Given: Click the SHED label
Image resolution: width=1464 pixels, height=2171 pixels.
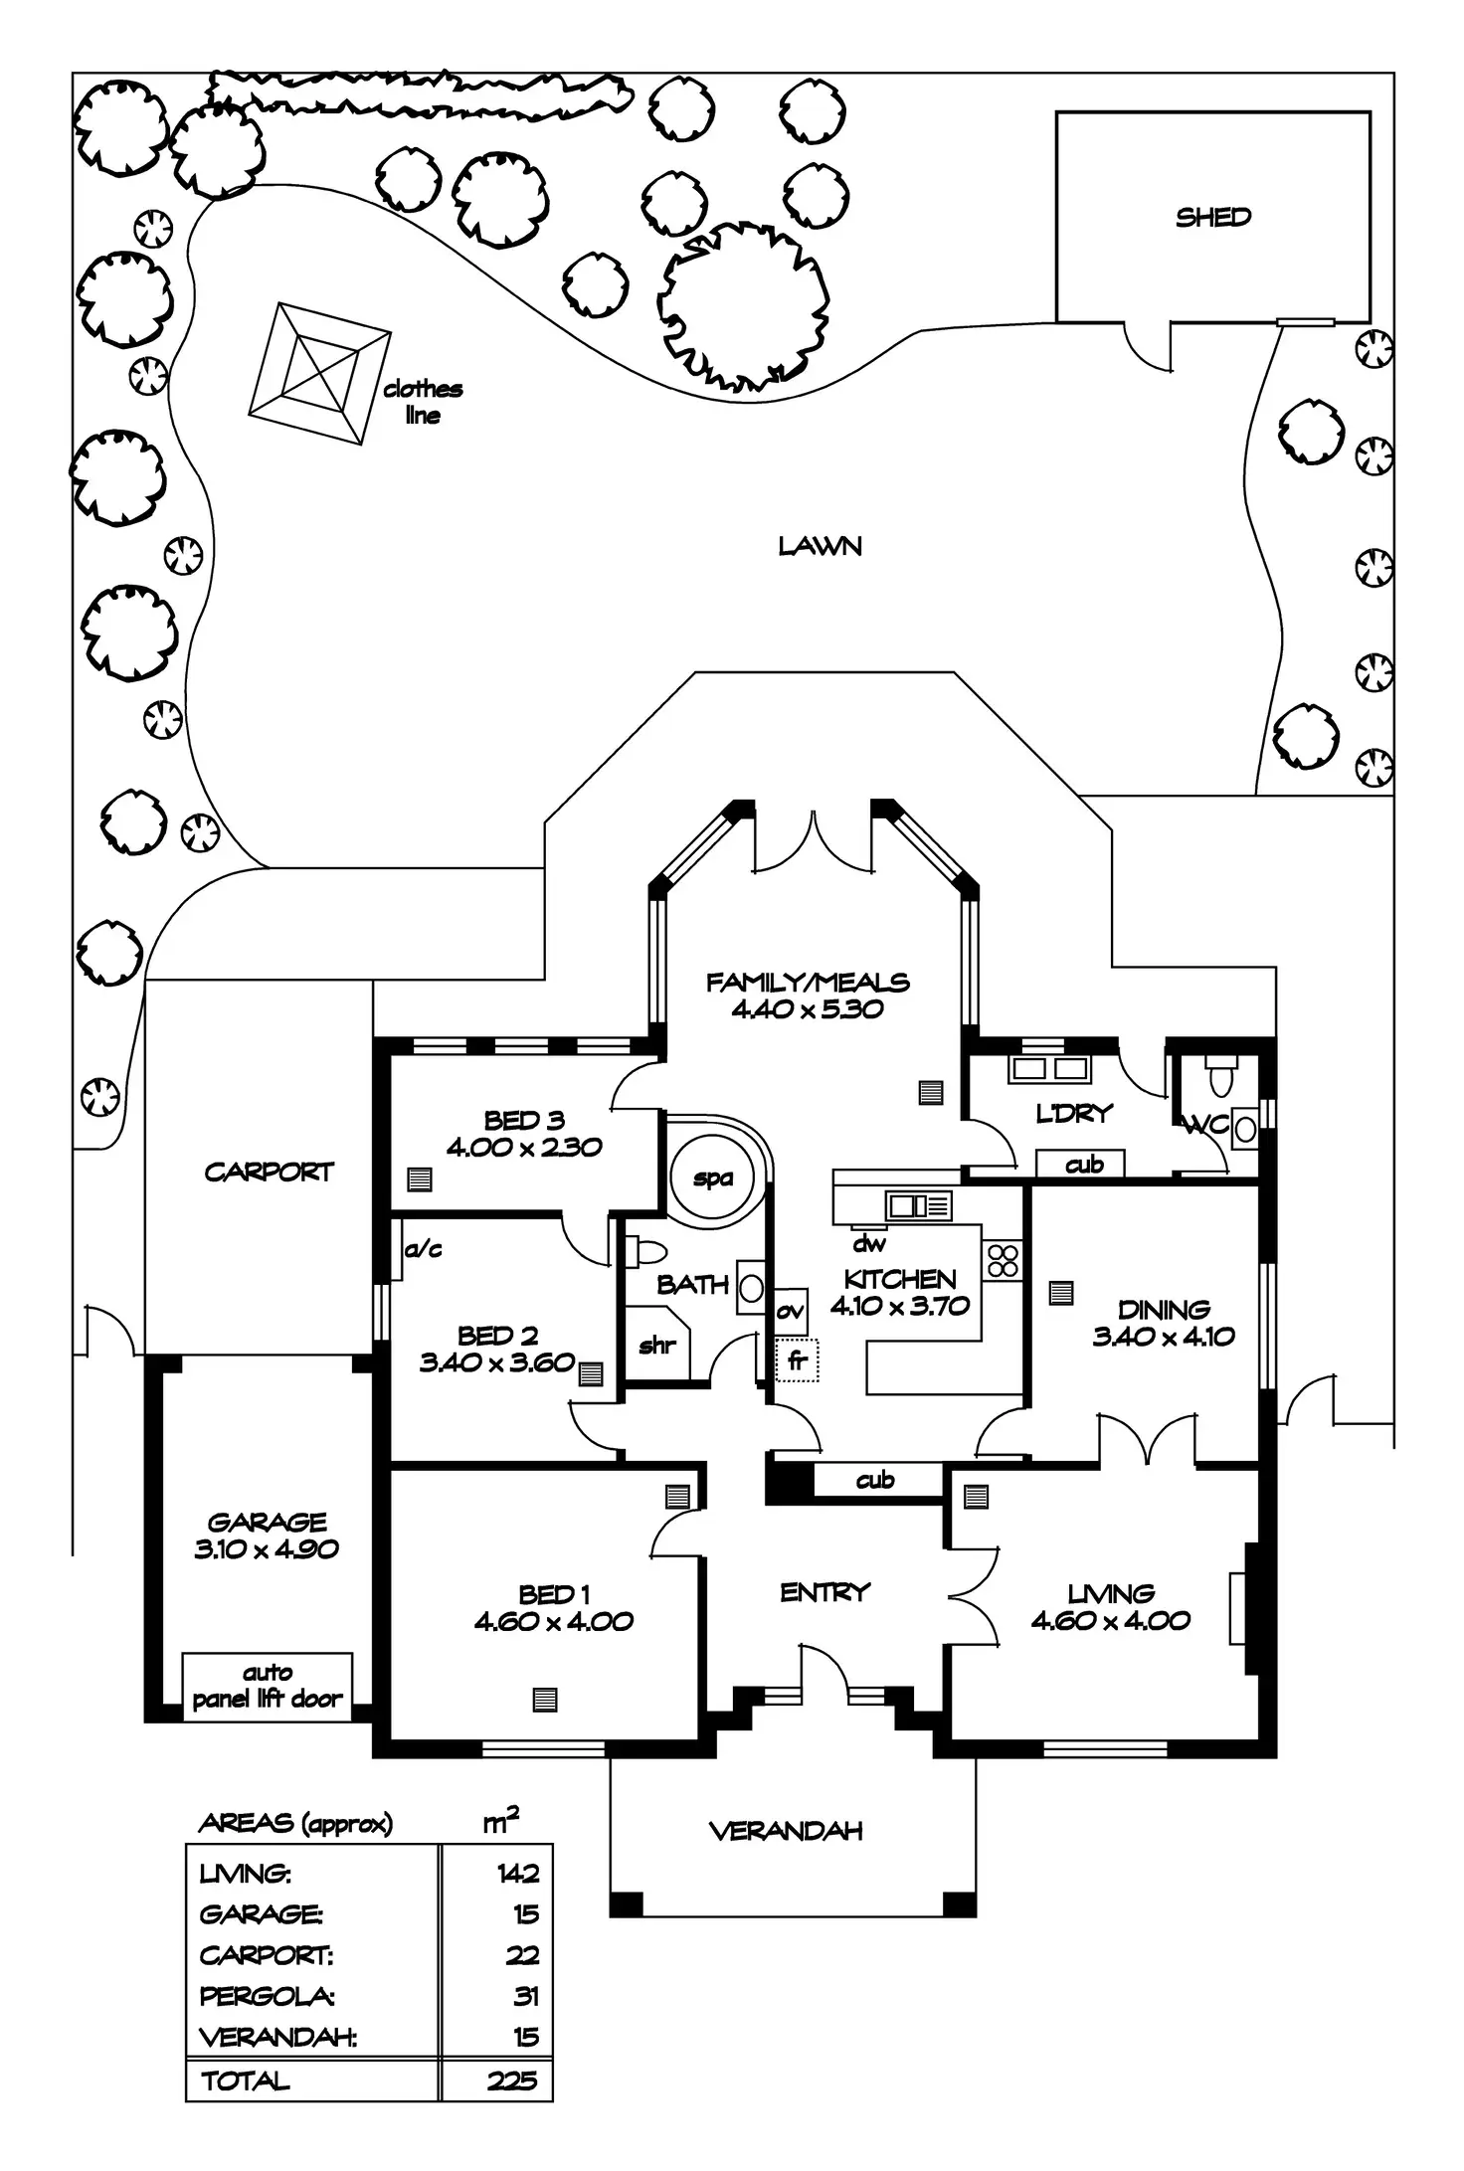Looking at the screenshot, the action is point(1212,217).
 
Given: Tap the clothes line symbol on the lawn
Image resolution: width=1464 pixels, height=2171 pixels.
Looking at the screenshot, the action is point(319,374).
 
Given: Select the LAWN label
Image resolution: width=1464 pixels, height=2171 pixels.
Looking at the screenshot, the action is point(820,545).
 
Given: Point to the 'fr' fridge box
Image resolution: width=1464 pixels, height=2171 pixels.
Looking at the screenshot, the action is point(796,1359).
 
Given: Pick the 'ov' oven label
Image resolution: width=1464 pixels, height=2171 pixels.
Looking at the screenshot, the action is point(790,1311).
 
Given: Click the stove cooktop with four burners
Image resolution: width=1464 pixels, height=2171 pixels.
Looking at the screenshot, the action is point(1003,1260).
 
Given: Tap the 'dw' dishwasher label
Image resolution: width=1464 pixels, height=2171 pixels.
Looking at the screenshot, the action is point(868,1242).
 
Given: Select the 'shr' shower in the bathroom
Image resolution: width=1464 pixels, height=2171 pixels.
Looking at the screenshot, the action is point(657,1345).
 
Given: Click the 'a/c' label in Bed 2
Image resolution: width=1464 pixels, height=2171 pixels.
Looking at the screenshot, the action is point(424,1249).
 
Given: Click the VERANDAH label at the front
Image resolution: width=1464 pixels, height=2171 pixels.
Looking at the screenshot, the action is point(786,1831).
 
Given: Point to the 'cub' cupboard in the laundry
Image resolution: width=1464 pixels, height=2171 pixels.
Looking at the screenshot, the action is point(1083,1164).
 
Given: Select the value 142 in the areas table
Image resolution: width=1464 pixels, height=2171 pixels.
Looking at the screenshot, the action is point(518,1874).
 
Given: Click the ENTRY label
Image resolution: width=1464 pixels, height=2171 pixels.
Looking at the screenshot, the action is point(824,1592).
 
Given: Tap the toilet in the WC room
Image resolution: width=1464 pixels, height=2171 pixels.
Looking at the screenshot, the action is point(1220,1075).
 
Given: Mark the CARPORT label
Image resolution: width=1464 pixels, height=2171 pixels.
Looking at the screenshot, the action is point(269,1172).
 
